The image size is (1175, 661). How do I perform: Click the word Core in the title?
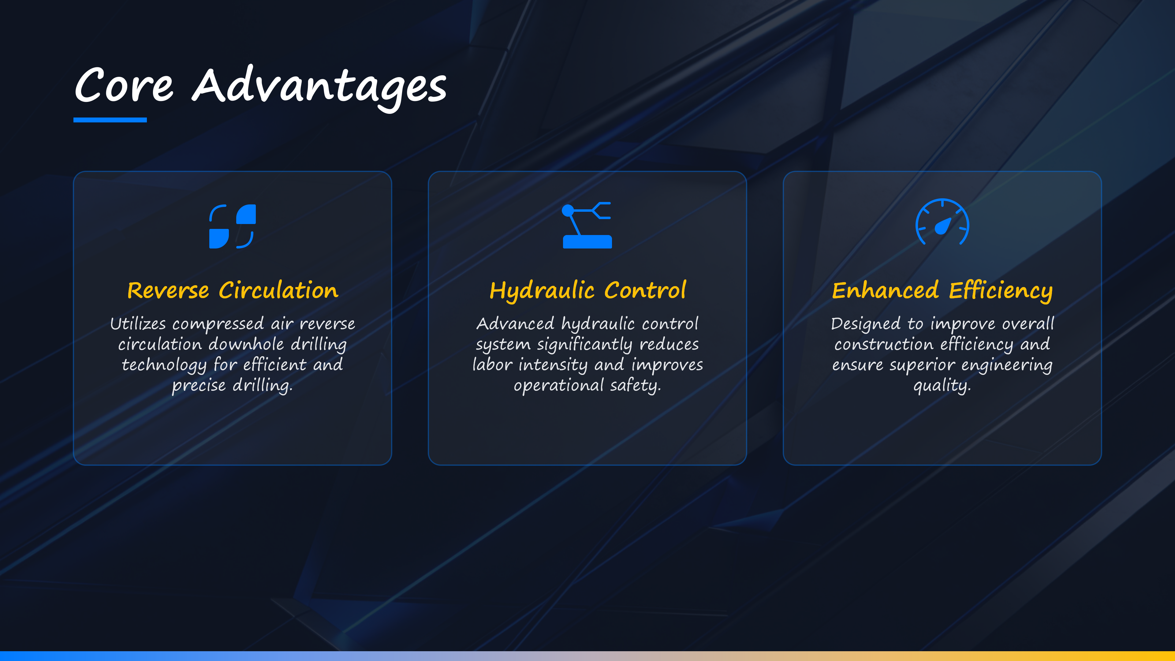[x=124, y=85]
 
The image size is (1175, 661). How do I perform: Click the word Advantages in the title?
[x=319, y=88]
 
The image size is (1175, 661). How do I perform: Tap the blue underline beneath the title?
[x=110, y=120]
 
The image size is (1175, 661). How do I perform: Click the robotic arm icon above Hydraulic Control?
[x=587, y=225]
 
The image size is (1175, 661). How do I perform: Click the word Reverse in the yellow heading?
[x=168, y=291]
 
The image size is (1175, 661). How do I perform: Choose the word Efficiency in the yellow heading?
[x=1001, y=291]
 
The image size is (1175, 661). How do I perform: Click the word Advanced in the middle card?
[x=515, y=323]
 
